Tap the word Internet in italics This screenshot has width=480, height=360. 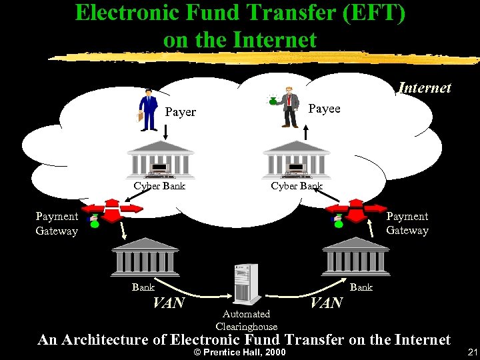pos(425,87)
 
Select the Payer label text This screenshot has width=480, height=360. pos(180,112)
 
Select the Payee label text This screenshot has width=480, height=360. pos(325,109)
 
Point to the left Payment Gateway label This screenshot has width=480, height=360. pos(57,223)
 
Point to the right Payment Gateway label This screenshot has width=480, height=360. pos(407,223)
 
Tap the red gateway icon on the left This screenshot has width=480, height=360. pos(113,209)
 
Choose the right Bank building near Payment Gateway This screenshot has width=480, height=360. pos(355,255)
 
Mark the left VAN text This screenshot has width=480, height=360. pos(169,303)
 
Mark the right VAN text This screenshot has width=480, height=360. pos(327,303)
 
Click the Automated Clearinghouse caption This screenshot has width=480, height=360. pos(246,320)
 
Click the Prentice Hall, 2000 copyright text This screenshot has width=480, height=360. pos(239,352)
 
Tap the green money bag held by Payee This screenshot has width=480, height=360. pos(273,100)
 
